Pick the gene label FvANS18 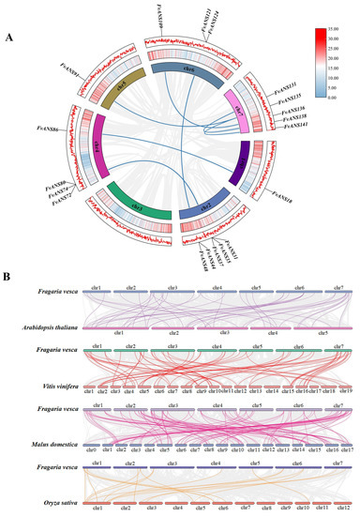[x=282, y=200]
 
